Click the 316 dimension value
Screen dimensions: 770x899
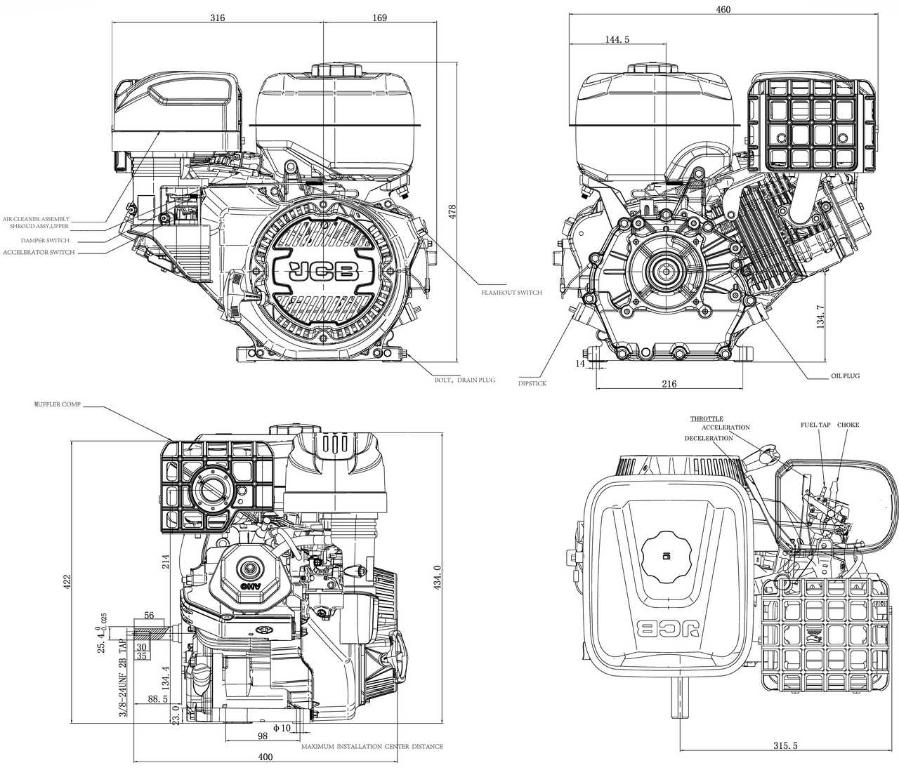[x=217, y=18]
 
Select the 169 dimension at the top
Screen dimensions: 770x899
[x=379, y=18]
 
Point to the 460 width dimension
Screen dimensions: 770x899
[x=723, y=9]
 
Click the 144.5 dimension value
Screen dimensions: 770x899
[x=617, y=40]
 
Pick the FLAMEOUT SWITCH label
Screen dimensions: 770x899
[x=511, y=293]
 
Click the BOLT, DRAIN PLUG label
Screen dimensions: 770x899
[x=464, y=380]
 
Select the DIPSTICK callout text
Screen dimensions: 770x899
[x=532, y=384]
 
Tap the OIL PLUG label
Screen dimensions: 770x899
[x=845, y=376]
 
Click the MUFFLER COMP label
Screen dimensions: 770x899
[x=58, y=405]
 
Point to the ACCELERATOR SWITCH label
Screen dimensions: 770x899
[x=39, y=252]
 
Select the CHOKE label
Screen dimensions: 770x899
[x=848, y=425]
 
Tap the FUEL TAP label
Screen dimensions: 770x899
[x=815, y=425]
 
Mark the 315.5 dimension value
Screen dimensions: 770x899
[x=785, y=745]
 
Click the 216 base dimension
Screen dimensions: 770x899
[x=669, y=384]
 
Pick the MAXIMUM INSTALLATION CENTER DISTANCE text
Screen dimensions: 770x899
[x=372, y=746]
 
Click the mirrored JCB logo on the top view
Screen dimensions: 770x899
[x=667, y=627]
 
